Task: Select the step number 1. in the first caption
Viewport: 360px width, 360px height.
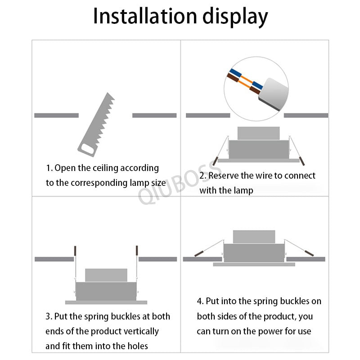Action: pyautogui.click(x=49, y=168)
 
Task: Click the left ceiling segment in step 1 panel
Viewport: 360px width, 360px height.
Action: pyautogui.click(x=56, y=116)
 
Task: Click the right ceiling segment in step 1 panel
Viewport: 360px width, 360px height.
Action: pyautogui.click(x=154, y=116)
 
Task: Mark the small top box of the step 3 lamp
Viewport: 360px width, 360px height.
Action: pyautogui.click(x=106, y=275)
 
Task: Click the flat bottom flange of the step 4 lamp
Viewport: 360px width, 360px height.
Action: pyautogui.click(x=254, y=265)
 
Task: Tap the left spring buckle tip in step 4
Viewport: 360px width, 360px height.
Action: pyautogui.click(x=198, y=254)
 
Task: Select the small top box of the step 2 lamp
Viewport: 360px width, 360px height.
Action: pyautogui.click(x=258, y=133)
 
